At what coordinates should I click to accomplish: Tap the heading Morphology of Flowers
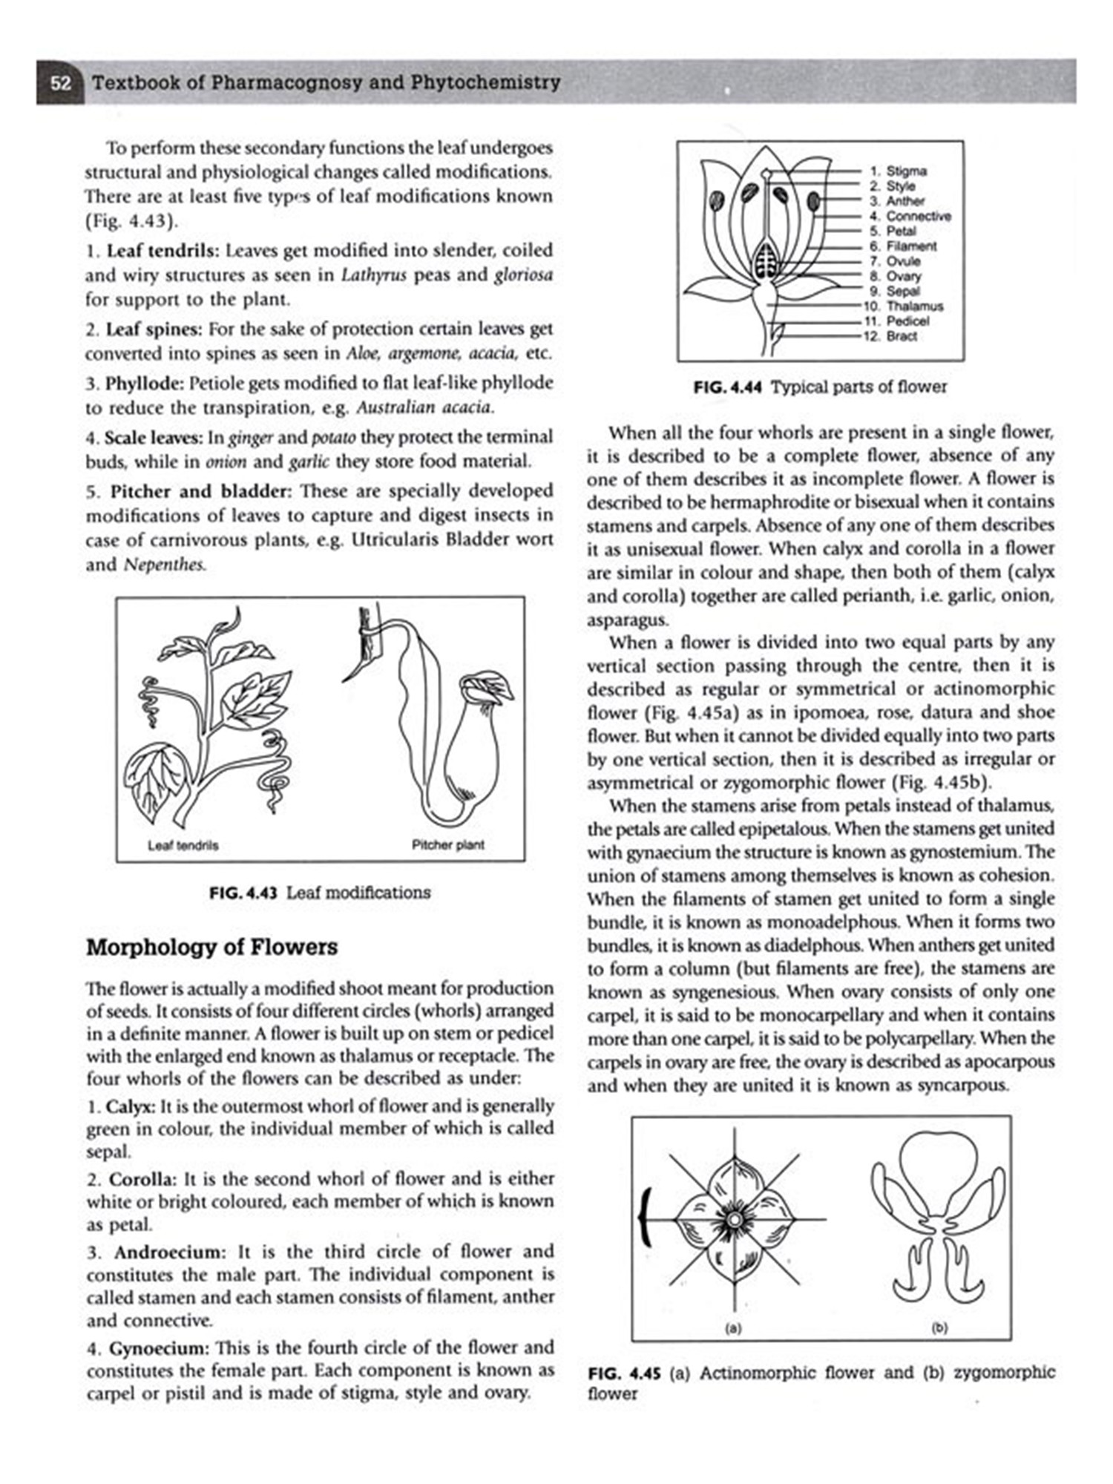pos(211,948)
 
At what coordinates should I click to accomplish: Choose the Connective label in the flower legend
pos(919,216)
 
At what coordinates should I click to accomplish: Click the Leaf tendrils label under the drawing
pos(183,845)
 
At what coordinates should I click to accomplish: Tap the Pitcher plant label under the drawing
pos(447,844)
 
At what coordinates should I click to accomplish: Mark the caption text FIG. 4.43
pos(243,893)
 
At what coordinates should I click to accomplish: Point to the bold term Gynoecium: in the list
pos(160,1348)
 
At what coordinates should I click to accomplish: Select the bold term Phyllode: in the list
pos(144,384)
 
